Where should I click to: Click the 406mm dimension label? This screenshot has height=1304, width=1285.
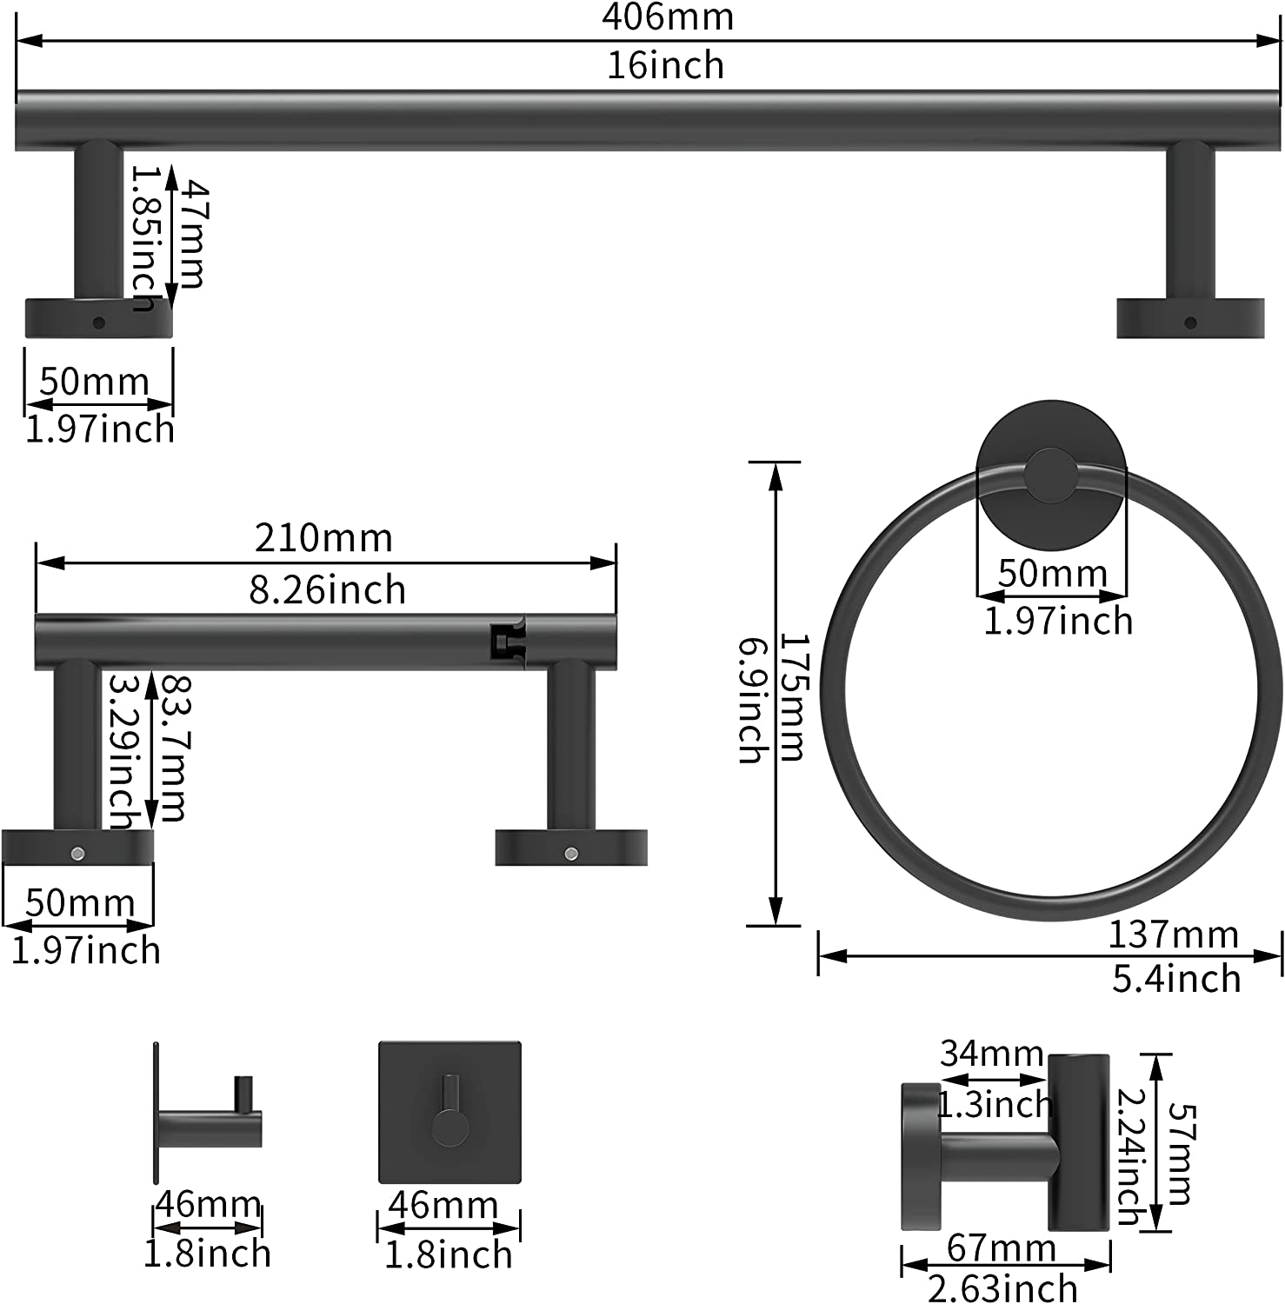(668, 17)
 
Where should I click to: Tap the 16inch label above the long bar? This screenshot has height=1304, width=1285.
(666, 66)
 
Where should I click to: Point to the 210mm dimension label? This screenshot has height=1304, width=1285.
(323, 538)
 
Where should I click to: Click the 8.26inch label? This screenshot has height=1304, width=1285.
(328, 590)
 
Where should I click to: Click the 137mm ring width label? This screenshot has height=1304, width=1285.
(1173, 935)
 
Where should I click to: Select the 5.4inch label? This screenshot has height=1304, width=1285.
(1176, 979)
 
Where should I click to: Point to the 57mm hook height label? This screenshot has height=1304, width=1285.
(1179, 1153)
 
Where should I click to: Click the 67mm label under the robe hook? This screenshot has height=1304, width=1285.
(1001, 1248)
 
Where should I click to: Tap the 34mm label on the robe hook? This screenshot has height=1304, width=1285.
(991, 1054)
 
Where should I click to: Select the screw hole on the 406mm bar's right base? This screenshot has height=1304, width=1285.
(1190, 323)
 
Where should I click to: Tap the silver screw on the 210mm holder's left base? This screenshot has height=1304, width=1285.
(77, 853)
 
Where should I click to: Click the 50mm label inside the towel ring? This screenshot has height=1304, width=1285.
(1052, 574)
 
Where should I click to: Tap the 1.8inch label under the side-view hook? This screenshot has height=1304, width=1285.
(207, 1254)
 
